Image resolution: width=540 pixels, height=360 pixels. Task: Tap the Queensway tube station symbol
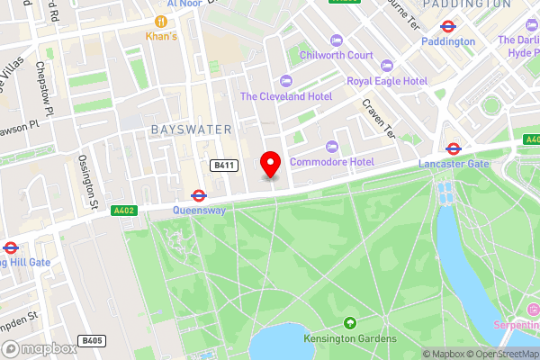[197, 194]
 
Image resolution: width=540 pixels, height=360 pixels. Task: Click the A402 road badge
[123, 211]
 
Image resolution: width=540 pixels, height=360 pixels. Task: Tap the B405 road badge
[91, 341]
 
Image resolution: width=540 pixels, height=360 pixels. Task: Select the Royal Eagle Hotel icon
[387, 66]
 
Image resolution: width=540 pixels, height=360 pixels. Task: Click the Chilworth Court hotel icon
[337, 40]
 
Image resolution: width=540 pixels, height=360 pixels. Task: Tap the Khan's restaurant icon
[161, 21]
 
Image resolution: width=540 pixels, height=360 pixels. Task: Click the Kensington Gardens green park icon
[349, 323]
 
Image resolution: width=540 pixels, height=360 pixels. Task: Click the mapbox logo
[36, 347]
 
